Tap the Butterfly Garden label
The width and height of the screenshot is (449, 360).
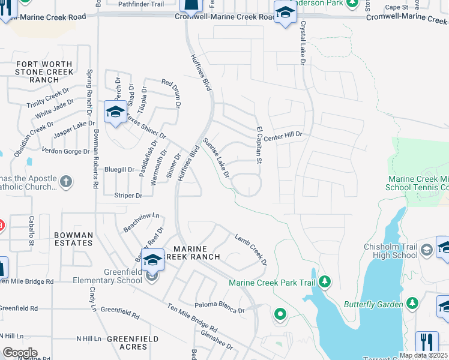point(373,304)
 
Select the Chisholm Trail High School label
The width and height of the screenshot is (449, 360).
point(391,251)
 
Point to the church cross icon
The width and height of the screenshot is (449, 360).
point(67,180)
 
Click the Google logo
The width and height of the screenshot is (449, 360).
point(19,353)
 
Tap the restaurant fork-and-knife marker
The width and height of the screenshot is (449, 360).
point(427,341)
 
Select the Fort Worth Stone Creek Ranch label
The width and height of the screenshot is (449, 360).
point(44,72)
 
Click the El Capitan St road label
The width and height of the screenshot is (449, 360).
point(260,145)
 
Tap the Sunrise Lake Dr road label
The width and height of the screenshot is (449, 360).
point(216,158)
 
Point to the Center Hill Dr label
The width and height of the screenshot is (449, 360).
point(282,135)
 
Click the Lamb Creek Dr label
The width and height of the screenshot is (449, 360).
point(251,248)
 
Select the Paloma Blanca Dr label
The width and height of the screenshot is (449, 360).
point(220,311)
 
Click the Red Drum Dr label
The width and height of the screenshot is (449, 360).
point(170,90)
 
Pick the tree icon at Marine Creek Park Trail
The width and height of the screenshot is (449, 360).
point(325,281)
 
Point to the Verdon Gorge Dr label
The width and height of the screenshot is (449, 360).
point(61,151)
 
